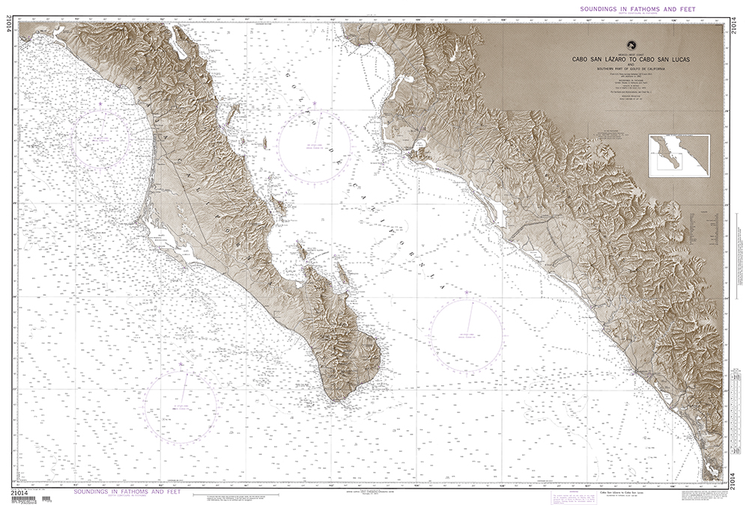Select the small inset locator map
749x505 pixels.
pyautogui.click(x=679, y=155)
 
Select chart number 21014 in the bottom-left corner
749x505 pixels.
pyautogui.click(x=25, y=491)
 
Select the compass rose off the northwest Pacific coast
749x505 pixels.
pyautogui.click(x=102, y=141)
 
